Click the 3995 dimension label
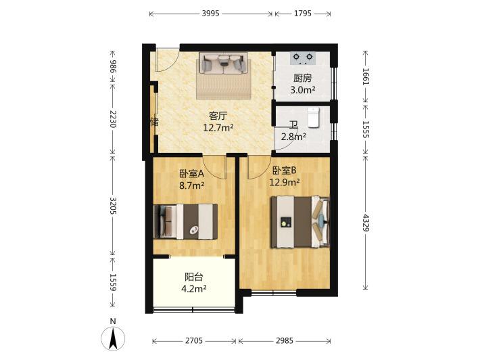(211, 14)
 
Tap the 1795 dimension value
(303, 14)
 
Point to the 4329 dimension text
(366, 223)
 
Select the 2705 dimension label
(194, 340)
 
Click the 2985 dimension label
(285, 340)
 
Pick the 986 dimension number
(113, 66)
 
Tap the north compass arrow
(113, 338)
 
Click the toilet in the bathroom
(314, 117)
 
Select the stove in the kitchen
(303, 58)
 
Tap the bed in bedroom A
(185, 222)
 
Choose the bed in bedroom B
(300, 222)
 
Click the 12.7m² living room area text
(218, 127)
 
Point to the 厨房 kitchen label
(302, 78)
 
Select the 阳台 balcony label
(194, 277)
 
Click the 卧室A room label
(191, 174)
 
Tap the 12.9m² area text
(285, 182)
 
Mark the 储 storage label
(155, 122)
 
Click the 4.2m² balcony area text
(194, 289)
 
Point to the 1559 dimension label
(113, 282)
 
